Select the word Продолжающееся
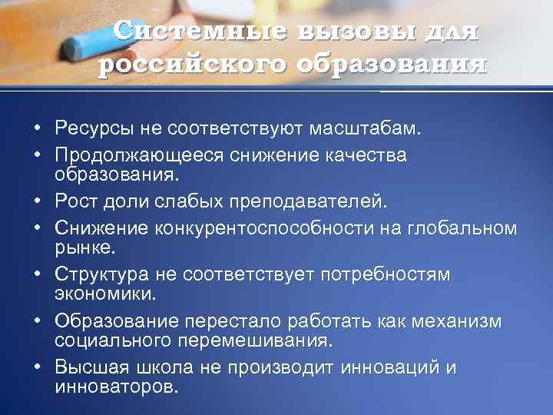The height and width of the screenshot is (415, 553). point(137,155)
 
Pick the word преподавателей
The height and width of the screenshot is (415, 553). point(307,201)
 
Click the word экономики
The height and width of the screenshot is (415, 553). point(100,294)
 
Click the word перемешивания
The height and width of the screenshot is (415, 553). point(257,340)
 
